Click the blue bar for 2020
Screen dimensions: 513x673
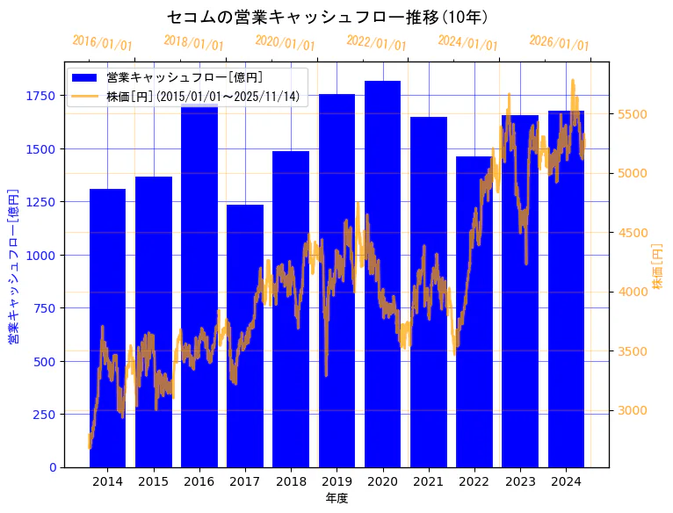coord(383,273)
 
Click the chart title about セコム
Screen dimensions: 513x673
coord(327,17)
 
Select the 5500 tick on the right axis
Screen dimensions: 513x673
coord(633,114)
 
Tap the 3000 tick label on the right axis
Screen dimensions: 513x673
coord(633,410)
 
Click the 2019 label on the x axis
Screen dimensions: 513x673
coord(336,481)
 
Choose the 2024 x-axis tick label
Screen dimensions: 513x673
coord(566,481)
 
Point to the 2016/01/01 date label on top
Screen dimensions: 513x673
coord(102,43)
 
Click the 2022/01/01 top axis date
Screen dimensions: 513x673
coord(376,43)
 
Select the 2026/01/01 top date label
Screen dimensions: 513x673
coord(559,43)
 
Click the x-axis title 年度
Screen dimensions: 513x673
coord(336,498)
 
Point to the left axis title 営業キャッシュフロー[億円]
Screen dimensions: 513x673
coord(13,265)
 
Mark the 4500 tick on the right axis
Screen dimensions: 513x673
coord(633,233)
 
